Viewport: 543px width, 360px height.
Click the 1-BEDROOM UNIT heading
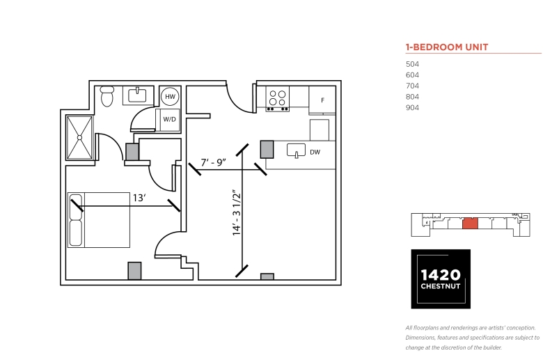click(447, 47)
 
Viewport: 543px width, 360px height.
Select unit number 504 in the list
click(412, 64)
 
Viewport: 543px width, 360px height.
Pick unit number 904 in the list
click(412, 107)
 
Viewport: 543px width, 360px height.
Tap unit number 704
click(412, 86)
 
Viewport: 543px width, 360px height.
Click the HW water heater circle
click(170, 97)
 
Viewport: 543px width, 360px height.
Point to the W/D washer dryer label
click(169, 120)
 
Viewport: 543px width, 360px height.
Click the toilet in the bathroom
click(107, 96)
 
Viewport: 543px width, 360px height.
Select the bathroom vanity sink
click(138, 95)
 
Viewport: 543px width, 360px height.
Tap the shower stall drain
click(79, 138)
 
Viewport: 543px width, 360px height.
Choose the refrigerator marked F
click(322, 100)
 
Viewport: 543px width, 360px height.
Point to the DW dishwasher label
click(315, 152)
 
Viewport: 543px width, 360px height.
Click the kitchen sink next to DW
click(296, 150)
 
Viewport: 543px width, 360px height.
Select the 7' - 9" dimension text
click(213, 162)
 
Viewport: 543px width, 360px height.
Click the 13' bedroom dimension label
click(139, 198)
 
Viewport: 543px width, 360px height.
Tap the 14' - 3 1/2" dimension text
click(237, 213)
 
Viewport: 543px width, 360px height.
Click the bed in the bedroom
click(99, 220)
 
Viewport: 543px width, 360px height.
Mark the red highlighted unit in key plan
click(471, 224)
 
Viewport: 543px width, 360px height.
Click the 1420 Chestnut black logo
click(441, 279)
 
